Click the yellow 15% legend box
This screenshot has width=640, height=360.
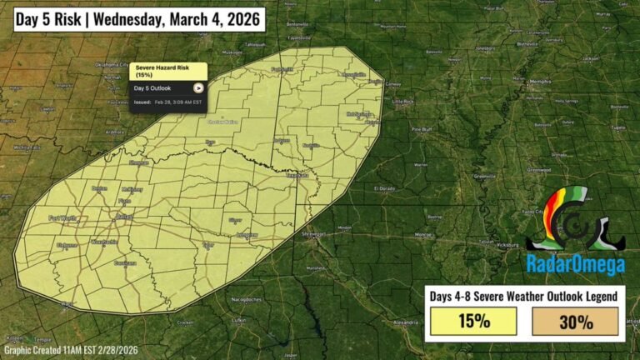[x=473, y=321]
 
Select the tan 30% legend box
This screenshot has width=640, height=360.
[x=575, y=321]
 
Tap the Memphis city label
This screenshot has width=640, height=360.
[x=540, y=82]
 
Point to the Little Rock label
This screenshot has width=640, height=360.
[x=403, y=102]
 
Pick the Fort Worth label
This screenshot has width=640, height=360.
[x=62, y=218]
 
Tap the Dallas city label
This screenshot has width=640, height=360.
[x=124, y=217]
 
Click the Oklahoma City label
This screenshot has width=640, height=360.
[x=112, y=64]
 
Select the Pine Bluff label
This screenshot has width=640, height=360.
[x=421, y=130]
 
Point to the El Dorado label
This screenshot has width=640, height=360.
[x=384, y=188]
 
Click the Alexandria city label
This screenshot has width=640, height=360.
[x=406, y=321]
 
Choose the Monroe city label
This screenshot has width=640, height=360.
[x=424, y=235]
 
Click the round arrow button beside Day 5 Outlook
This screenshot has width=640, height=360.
[x=198, y=87]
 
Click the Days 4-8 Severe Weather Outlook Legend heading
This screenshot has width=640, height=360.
[x=524, y=296]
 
